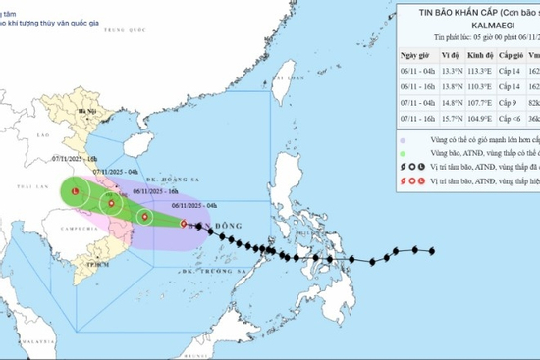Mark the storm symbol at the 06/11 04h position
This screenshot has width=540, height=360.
[185, 225]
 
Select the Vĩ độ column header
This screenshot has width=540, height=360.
[451, 56]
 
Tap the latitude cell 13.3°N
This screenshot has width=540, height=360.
[451, 71]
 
